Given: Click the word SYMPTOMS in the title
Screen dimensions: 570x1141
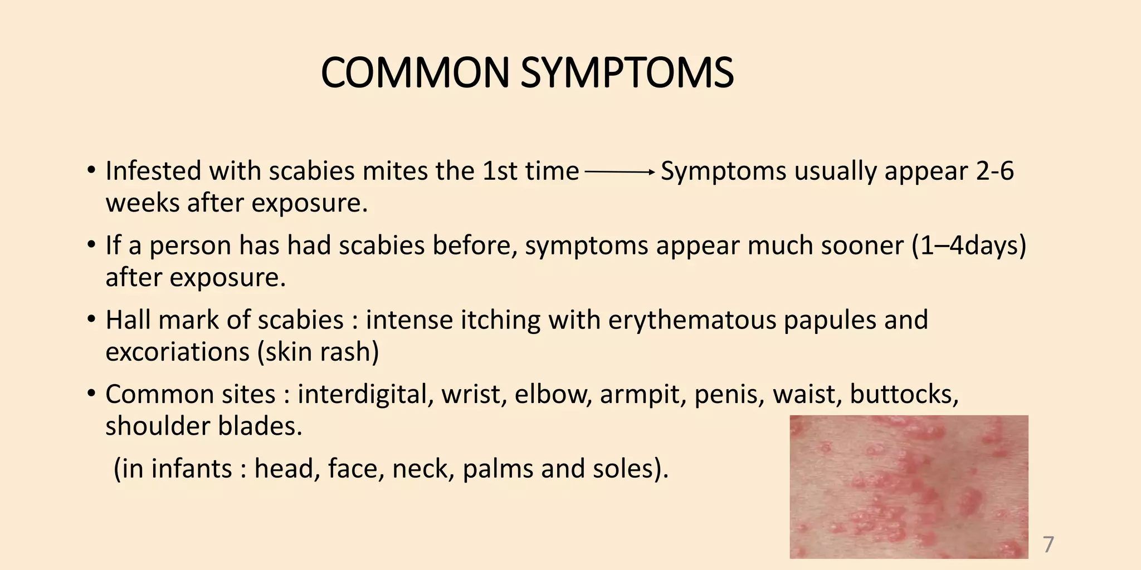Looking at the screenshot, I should pyautogui.click(x=627, y=73).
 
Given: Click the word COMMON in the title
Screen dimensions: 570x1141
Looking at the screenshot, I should pyautogui.click(x=415, y=73).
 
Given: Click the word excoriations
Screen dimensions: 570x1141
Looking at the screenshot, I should pyautogui.click(x=177, y=352).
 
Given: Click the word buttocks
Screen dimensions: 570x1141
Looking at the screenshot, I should pyautogui.click(x=904, y=395).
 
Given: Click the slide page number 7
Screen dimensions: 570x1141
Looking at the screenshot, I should pyautogui.click(x=1048, y=544).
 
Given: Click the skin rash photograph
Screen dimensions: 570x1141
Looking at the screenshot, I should pyautogui.click(x=909, y=487).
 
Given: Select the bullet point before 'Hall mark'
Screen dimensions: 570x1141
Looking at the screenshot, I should pyautogui.click(x=91, y=320).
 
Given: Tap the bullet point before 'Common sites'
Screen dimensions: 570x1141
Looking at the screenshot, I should pyautogui.click(x=91, y=395).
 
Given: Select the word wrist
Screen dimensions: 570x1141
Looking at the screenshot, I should pyautogui.click(x=474, y=395).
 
